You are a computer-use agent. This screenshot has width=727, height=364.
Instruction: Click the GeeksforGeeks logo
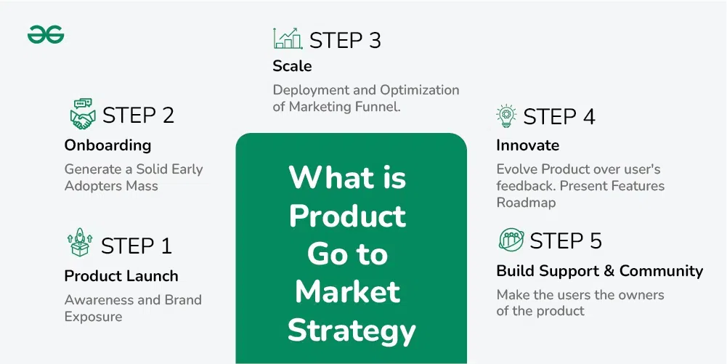(x=46, y=35)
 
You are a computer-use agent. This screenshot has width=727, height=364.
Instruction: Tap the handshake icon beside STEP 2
(x=83, y=114)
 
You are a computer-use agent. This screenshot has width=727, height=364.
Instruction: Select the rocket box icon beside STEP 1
(x=80, y=243)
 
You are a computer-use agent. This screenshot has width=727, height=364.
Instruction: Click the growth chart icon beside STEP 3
(x=288, y=39)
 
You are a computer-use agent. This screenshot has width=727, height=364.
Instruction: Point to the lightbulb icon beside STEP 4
(x=505, y=116)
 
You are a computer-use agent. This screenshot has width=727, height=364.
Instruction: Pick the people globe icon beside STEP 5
(x=511, y=240)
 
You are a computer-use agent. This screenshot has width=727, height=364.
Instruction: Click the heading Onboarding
(x=107, y=145)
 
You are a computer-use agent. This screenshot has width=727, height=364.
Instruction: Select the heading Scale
(x=292, y=66)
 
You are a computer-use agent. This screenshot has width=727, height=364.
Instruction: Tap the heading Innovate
(x=527, y=145)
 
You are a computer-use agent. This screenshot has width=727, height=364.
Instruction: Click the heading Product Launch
(x=121, y=276)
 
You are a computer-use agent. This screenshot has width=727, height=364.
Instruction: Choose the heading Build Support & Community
(x=599, y=271)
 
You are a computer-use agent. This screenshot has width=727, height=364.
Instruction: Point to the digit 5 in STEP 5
(x=594, y=240)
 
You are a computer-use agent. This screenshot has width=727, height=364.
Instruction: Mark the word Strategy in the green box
(x=351, y=331)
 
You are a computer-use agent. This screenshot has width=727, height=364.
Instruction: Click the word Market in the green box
(x=348, y=291)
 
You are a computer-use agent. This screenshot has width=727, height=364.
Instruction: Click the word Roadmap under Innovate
(x=526, y=203)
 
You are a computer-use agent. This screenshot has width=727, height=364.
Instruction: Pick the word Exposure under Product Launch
(x=93, y=318)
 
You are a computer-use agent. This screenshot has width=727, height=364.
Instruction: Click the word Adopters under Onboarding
(x=91, y=187)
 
